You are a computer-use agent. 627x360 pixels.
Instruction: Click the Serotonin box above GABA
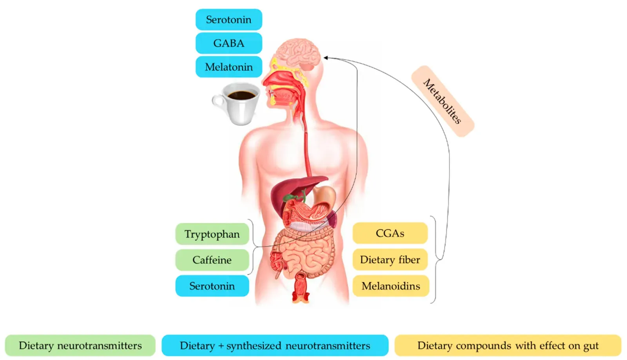click(229, 20)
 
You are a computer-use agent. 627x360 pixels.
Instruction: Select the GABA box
click(229, 43)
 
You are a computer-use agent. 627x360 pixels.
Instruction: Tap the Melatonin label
click(229, 67)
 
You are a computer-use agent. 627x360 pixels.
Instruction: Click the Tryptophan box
click(212, 234)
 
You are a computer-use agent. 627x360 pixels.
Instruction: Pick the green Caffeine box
click(212, 260)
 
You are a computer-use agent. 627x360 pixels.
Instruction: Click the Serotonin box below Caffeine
click(212, 286)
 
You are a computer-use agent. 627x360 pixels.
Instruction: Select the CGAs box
click(390, 233)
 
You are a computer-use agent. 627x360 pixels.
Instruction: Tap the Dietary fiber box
click(390, 260)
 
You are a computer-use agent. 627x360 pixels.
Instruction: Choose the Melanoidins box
click(391, 286)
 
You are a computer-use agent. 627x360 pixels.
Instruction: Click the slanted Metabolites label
click(442, 101)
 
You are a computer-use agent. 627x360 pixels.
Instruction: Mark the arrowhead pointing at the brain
click(326, 58)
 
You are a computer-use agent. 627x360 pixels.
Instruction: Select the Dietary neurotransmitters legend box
click(80, 345)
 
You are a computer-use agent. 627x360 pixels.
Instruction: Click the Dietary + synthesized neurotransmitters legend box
click(275, 345)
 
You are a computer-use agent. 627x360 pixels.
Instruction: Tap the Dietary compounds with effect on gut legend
click(508, 345)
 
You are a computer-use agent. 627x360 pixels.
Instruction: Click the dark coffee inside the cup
click(241, 95)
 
